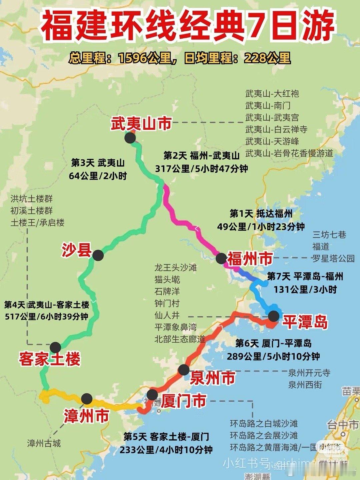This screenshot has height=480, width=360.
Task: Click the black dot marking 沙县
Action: point(98,256)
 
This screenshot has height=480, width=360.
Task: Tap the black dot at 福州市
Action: point(221,258)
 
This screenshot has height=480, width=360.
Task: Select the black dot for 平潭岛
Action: point(274,316)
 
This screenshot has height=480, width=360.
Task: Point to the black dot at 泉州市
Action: point(183,370)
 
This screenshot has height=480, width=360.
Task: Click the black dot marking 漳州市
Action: point(87,398)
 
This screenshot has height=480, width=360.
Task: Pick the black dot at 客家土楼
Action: point(55,347)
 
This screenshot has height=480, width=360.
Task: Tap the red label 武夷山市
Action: point(141,123)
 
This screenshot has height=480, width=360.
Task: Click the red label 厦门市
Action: point(183,400)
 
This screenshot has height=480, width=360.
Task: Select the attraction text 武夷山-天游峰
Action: point(272,141)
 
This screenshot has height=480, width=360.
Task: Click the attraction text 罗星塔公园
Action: point(333,258)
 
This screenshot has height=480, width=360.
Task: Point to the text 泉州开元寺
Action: point(309,373)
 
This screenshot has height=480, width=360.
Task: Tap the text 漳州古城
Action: point(44,443)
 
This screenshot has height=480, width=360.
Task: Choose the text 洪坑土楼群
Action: point(32,199)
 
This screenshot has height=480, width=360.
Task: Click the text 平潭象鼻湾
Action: point(175,327)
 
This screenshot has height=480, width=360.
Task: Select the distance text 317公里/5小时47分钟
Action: point(201,169)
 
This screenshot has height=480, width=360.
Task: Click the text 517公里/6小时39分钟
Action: point(47,316)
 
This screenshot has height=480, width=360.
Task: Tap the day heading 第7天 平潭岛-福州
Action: point(305,276)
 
